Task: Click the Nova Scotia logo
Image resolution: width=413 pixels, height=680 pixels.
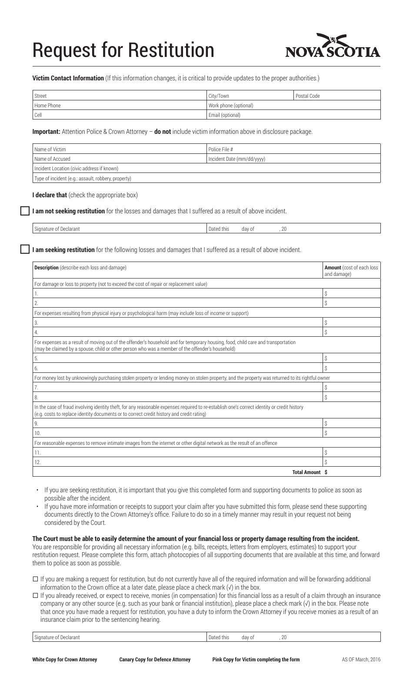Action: [x=333, y=46]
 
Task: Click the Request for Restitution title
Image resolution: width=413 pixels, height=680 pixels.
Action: [x=123, y=50]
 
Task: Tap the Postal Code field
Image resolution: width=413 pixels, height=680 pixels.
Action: [x=337, y=96]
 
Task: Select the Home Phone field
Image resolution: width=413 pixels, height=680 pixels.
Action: [x=120, y=105]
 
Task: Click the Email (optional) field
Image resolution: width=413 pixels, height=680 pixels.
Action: [x=293, y=115]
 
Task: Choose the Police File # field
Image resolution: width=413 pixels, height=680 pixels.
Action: [x=293, y=149]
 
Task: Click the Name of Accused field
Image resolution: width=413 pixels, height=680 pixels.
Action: [x=120, y=159]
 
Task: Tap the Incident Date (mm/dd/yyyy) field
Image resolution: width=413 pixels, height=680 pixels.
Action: [x=293, y=159]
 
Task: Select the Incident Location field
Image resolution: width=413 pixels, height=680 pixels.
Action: [x=206, y=168]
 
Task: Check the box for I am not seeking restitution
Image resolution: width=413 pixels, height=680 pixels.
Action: [x=25, y=211]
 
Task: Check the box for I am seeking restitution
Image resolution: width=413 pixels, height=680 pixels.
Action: [x=25, y=249]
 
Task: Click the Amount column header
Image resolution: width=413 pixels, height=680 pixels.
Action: [x=351, y=270]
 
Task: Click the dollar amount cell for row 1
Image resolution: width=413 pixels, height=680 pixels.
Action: [x=351, y=293]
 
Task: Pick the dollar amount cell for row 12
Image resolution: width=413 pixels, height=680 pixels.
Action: [x=351, y=462]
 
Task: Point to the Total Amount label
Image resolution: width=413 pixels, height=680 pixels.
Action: [x=306, y=472]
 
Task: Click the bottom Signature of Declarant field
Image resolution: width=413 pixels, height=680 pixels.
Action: [x=120, y=637]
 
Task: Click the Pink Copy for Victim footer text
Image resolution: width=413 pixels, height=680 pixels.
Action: [x=256, y=659]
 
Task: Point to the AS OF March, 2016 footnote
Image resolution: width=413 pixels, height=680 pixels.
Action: [x=361, y=659]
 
